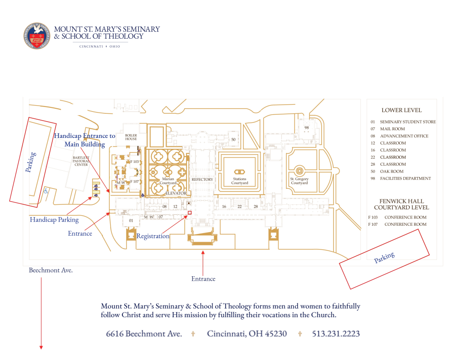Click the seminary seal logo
(37, 35)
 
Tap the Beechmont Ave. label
(51, 270)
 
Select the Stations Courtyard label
(239, 181)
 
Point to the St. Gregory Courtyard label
(299, 181)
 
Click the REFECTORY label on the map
(202, 179)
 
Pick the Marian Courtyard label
(168, 181)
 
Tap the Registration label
(153, 236)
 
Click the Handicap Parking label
(54, 220)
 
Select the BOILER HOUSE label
(131, 137)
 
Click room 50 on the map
(233, 139)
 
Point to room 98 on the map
(306, 127)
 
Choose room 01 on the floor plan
(131, 220)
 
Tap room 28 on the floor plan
(256, 207)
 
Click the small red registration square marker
(189, 213)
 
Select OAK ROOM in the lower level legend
(392, 172)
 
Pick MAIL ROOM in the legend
(392, 129)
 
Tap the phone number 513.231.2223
(335, 334)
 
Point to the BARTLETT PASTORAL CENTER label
(81, 161)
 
